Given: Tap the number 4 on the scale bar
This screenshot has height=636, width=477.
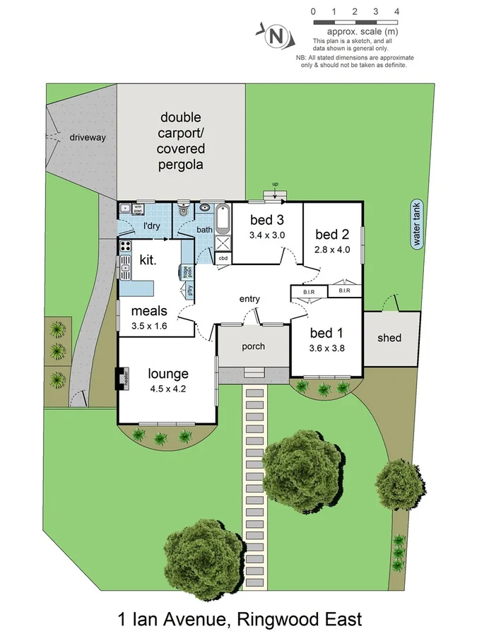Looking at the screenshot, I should [397, 11].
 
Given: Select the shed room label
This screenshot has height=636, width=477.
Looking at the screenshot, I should [389, 338].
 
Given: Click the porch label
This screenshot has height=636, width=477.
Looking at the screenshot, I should [253, 346].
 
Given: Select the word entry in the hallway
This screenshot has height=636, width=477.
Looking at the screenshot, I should [249, 299].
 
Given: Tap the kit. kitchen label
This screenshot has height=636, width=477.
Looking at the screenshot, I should [147, 260].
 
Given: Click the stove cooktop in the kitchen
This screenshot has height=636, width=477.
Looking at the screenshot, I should [125, 247].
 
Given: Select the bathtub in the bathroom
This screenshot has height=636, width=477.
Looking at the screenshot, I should [223, 220].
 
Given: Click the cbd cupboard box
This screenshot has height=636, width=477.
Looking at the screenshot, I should [223, 257].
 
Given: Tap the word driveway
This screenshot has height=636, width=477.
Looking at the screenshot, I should [88, 137].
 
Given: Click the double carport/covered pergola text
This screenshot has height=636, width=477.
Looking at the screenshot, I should [181, 141].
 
